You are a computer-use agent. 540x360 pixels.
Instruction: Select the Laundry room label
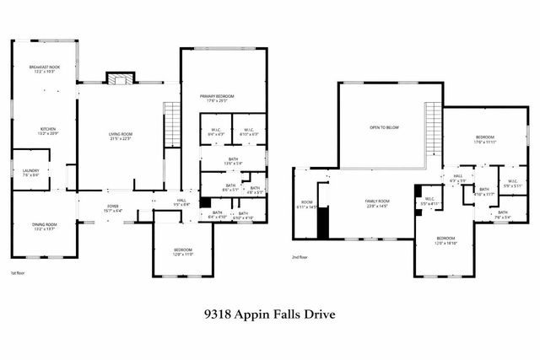click(30, 172)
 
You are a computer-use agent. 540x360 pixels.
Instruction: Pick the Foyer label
click(112, 208)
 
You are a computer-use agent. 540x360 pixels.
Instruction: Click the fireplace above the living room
click(119, 78)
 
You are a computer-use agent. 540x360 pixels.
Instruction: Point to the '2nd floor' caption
click(300, 257)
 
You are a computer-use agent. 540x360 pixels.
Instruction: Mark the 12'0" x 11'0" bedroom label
click(183, 251)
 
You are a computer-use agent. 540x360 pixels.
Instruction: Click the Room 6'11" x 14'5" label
click(307, 204)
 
